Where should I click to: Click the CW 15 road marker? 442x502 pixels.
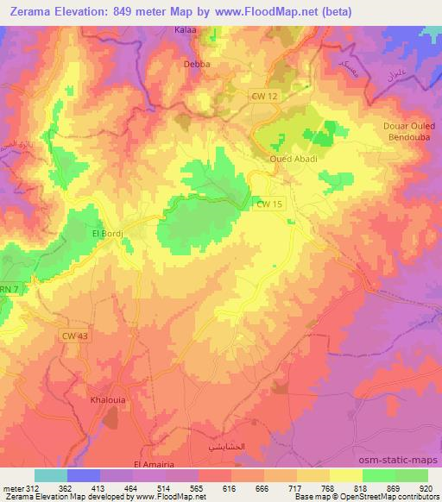pyautogui.click(x=270, y=204)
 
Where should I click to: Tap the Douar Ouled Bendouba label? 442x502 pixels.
pyautogui.click(x=406, y=132)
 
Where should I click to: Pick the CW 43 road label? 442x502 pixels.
pyautogui.click(x=75, y=336)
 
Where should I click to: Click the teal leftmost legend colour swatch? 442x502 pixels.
pyautogui.click(x=51, y=475)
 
